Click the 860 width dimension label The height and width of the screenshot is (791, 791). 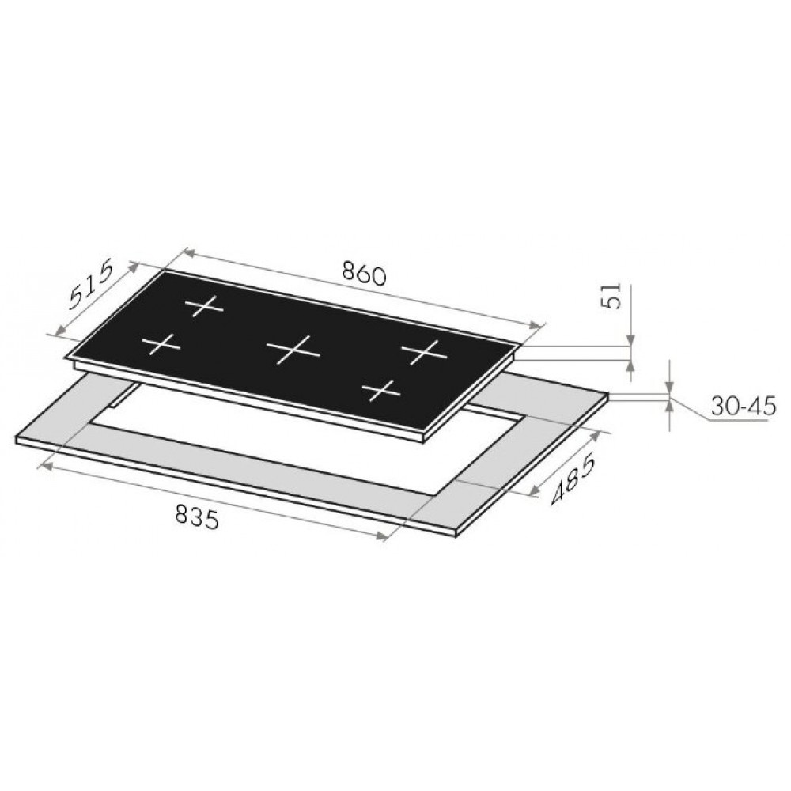click(363, 274)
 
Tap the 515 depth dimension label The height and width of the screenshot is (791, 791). click(91, 286)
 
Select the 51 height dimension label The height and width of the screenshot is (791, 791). click(611, 296)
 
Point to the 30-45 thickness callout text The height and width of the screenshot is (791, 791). click(743, 406)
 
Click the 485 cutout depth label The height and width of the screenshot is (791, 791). click(573, 480)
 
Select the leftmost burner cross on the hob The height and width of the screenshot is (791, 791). click(161, 345)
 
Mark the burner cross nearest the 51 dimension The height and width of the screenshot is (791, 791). click(424, 352)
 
